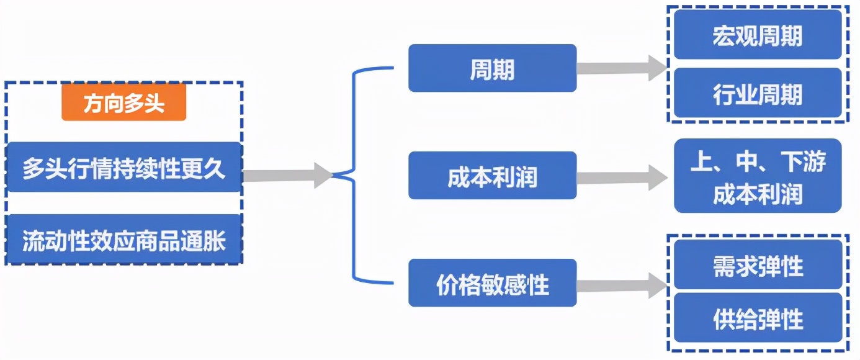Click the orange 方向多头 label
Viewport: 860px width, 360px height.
[x=123, y=103]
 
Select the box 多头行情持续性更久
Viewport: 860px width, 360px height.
[x=123, y=168]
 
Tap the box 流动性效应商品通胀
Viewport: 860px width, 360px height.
[x=123, y=240]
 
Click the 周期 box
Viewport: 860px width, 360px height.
[x=492, y=68]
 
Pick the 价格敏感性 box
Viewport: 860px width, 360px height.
[x=492, y=284]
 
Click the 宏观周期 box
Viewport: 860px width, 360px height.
[x=758, y=35]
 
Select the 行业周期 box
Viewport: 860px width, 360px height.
[x=758, y=94]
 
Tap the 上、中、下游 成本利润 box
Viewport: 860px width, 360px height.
[x=758, y=176]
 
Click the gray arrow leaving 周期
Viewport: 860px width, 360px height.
[x=620, y=68]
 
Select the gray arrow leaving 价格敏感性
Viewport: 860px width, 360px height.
[x=620, y=285]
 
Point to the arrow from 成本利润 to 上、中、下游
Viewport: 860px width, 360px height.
[x=620, y=178]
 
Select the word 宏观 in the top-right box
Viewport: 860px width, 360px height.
[x=735, y=35]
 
